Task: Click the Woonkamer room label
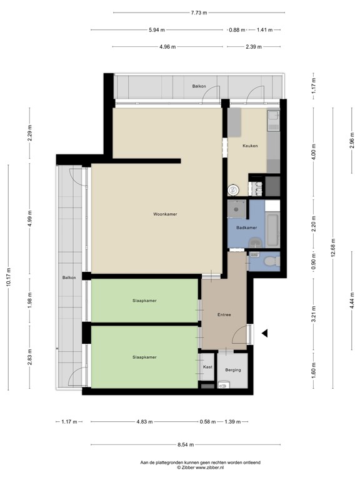click(x=165, y=214)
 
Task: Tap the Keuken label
click(x=251, y=146)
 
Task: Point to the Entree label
click(x=224, y=314)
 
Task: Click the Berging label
click(x=232, y=370)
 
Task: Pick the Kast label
click(x=208, y=367)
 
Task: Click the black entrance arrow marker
click(x=265, y=333)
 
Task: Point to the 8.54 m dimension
click(x=184, y=444)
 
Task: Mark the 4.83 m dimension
click(x=145, y=422)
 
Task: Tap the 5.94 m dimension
click(x=157, y=29)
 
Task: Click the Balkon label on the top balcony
click(x=199, y=86)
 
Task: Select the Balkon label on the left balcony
click(x=69, y=277)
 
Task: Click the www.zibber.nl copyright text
click(x=199, y=467)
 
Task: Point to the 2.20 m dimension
click(x=313, y=223)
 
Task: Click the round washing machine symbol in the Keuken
click(x=232, y=190)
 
